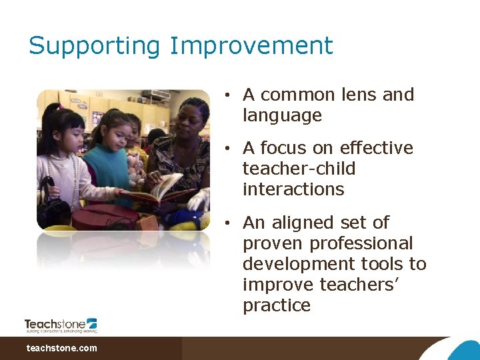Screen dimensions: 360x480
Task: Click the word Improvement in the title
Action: [251, 46]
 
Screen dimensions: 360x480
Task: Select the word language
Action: [282, 115]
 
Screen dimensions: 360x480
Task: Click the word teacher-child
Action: [299, 169]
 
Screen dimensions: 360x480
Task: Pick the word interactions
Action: [293, 189]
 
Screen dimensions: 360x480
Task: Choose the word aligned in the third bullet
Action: [318, 222]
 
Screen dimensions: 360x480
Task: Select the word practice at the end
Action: [277, 305]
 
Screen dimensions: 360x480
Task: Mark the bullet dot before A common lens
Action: [227, 95]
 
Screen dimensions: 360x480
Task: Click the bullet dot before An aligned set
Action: [227, 223]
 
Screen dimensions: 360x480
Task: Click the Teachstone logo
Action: [61, 325]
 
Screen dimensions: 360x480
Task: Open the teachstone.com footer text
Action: [61, 348]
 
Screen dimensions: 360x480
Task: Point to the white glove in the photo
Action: [199, 199]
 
